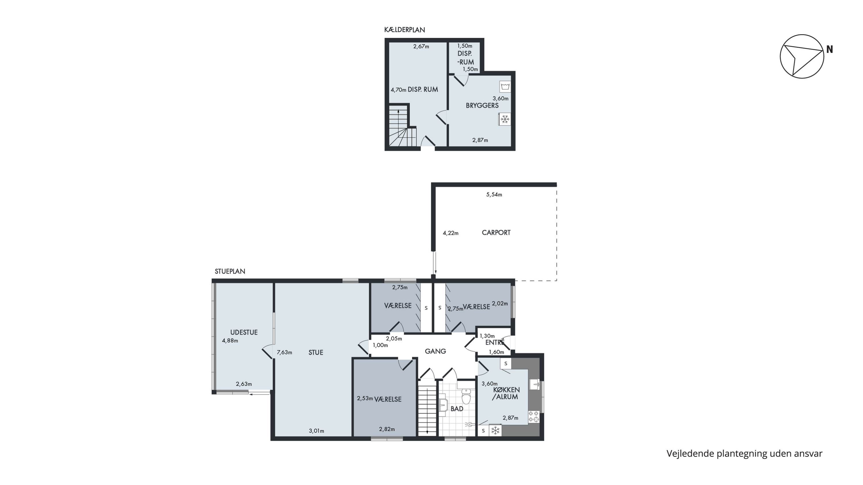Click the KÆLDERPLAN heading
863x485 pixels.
(x=404, y=30)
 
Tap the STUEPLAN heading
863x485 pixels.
(x=230, y=271)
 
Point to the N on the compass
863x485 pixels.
(x=830, y=49)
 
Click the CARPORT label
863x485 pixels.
(x=496, y=232)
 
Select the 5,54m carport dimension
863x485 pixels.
(x=494, y=194)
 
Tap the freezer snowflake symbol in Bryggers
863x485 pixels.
(x=505, y=119)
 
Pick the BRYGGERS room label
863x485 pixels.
(x=482, y=106)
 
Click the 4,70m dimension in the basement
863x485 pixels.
(x=398, y=90)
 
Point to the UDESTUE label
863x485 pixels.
(x=244, y=332)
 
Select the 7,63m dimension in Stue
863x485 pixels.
(x=285, y=352)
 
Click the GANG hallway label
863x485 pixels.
(x=435, y=351)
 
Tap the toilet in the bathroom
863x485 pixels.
(x=466, y=396)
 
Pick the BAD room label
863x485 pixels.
(x=457, y=409)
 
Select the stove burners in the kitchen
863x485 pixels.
(x=534, y=416)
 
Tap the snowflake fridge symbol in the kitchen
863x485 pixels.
(x=495, y=430)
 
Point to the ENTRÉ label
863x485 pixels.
(x=495, y=343)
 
